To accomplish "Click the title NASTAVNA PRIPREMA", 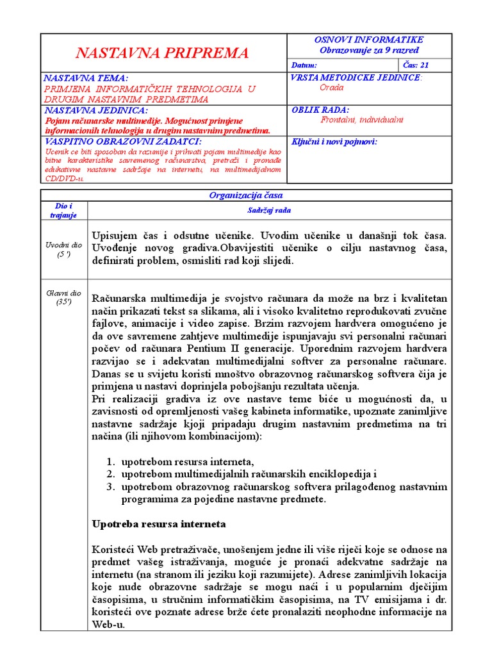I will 162,53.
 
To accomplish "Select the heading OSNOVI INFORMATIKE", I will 369,40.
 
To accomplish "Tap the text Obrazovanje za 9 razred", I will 369,50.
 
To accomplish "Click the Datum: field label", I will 304,65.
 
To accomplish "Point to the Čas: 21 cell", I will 416,65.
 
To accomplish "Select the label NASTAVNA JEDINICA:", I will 95,110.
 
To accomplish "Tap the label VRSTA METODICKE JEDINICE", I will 356,78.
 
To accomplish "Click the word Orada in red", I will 332,88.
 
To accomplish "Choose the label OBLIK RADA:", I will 320,110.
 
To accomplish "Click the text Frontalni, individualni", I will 362,120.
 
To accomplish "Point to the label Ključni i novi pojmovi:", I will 334,141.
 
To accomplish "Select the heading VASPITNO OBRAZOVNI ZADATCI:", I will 122,141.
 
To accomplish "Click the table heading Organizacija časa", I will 246,195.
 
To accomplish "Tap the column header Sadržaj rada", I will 269,210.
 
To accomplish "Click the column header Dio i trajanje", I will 64,210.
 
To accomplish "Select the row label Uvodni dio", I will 64,245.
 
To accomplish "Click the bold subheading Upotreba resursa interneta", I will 159,524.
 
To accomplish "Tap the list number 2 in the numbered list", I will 110,474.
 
